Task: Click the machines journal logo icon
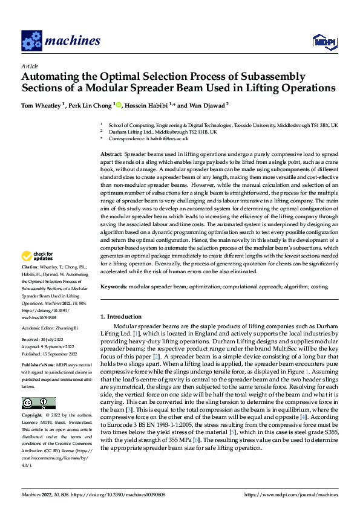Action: (x=31, y=41)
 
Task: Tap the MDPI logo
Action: (x=324, y=41)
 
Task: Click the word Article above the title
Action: (x=30, y=66)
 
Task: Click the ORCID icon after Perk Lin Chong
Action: (x=119, y=105)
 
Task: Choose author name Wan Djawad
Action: (x=208, y=105)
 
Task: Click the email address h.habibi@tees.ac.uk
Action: (x=168, y=138)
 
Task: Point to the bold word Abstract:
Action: (x=112, y=155)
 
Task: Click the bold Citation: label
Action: (x=31, y=267)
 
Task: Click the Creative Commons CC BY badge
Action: (x=38, y=403)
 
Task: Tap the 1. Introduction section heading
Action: (x=121, y=317)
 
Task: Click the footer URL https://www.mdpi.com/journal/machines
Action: (x=290, y=495)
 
